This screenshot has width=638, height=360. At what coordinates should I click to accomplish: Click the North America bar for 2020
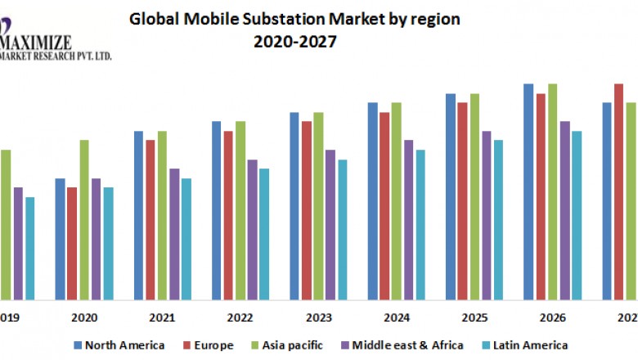click(60, 238)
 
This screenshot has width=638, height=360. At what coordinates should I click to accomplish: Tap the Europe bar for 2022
click(228, 214)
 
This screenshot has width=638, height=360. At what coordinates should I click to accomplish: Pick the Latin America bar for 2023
click(343, 228)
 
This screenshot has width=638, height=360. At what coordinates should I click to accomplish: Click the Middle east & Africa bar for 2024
click(408, 219)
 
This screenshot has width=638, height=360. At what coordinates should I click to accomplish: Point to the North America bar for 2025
click(450, 196)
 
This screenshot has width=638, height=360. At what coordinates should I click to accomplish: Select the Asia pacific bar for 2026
click(552, 191)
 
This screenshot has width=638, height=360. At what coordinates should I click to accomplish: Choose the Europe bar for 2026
click(541, 196)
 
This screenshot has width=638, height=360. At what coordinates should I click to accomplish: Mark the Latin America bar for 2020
click(108, 243)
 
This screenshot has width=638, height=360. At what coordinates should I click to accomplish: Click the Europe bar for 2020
click(72, 243)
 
